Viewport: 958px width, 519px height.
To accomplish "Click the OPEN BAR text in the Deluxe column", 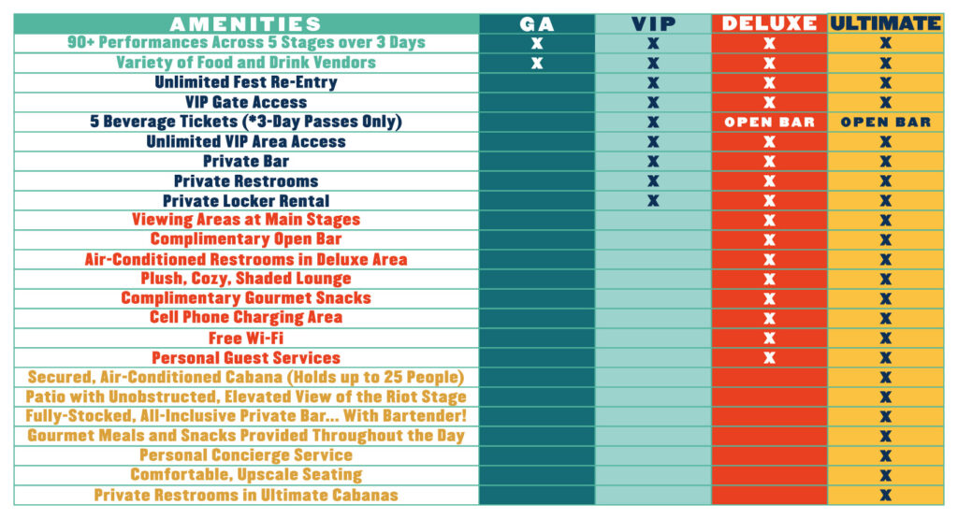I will pos(769,123).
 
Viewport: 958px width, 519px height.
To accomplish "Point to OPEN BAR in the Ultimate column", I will pos(885,123).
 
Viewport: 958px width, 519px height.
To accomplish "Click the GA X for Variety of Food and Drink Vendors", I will pos(536,63).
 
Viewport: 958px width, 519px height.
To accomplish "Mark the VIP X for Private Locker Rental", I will pos(653,200).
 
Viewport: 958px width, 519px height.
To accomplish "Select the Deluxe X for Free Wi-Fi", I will pos(769,338).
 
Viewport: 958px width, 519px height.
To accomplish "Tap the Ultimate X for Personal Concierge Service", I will pos(885,455).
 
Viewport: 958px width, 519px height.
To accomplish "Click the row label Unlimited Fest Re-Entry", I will pos(246,82).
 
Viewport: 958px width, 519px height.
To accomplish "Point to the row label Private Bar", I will pos(246,161).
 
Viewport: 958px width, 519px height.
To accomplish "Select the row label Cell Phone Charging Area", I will pos(246,318).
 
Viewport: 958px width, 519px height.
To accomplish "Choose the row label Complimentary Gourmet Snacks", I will pos(246,298).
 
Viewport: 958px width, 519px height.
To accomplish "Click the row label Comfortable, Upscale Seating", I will pos(246,475).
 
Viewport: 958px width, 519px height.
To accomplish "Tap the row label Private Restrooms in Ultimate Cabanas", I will pos(246,495).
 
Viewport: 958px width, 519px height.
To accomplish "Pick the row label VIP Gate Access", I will pos(246,102).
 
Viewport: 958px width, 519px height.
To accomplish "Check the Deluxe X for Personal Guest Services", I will pos(769,357).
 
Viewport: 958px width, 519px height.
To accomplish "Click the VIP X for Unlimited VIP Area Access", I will pos(653,142).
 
